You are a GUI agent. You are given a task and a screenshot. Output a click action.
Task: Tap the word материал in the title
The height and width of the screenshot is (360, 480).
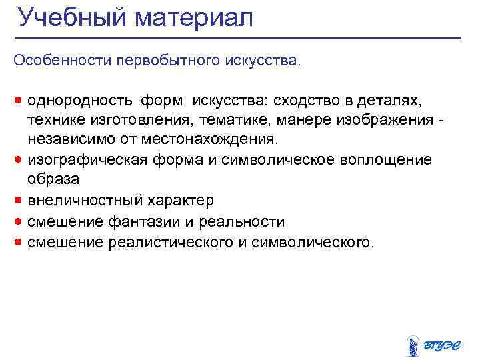(x=194, y=17)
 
